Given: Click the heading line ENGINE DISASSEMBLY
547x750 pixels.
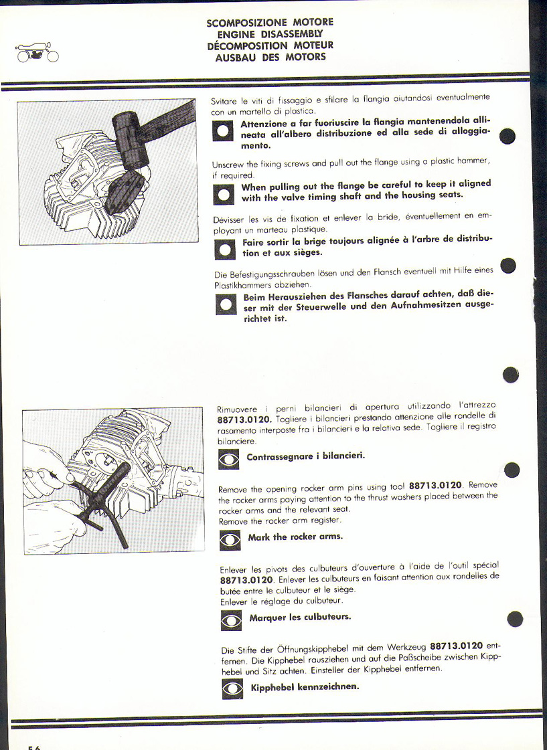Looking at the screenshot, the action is coord(270,34).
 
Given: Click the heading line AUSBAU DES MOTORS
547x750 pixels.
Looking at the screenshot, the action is coord(270,57).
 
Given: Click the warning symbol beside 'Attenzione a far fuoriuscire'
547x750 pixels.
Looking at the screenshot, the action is coord(222,130).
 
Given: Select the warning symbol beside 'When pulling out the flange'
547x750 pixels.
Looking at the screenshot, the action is coord(224,194).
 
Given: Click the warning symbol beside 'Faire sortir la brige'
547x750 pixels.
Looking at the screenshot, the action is coord(225,249).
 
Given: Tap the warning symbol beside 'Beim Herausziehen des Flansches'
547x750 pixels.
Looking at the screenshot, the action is coord(226,304).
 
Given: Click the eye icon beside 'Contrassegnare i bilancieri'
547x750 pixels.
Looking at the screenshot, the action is coord(229,460).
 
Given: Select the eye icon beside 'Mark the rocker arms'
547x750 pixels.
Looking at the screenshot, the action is coord(230,540).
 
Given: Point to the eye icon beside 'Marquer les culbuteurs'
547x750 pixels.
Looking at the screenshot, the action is coord(232,620).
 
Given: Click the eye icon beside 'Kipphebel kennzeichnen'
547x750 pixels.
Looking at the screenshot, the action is coord(232,689).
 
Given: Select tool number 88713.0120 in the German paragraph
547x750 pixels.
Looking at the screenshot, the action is coord(457,646).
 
